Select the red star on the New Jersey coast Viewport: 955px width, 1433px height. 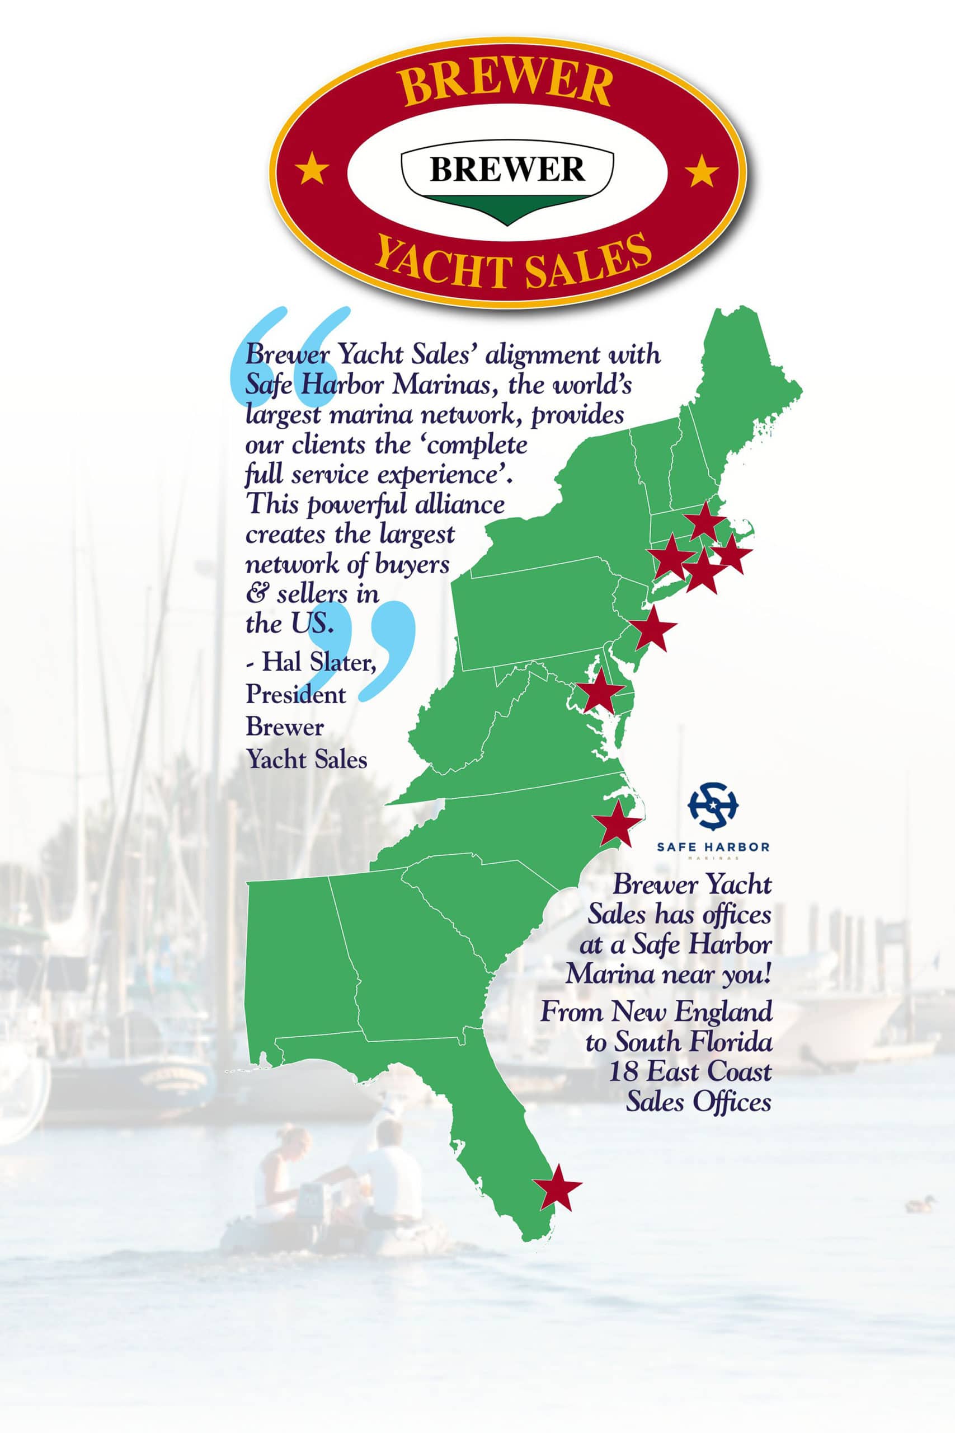pyautogui.click(x=652, y=629)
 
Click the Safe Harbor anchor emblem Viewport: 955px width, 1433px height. pyautogui.click(x=713, y=806)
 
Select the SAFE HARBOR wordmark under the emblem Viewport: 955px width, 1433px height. pyautogui.click(x=713, y=847)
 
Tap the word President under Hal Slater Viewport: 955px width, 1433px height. pyautogui.click(x=295, y=695)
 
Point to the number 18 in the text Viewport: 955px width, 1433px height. pyautogui.click(x=623, y=1070)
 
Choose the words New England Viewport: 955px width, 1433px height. pyautogui.click(x=692, y=1011)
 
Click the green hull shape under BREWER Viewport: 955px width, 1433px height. pyautogui.click(x=507, y=207)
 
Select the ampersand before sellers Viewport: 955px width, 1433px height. pyautogui.click(x=256, y=594)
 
